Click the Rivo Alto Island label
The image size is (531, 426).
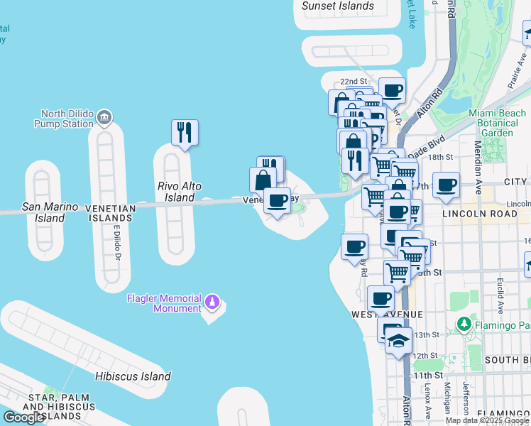tap(175, 191)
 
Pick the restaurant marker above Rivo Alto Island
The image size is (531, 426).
tap(185, 132)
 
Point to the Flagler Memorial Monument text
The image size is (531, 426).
tap(164, 303)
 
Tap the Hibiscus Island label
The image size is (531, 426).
tap(133, 376)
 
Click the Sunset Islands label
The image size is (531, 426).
tap(338, 6)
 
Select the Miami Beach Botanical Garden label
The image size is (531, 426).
tap(497, 123)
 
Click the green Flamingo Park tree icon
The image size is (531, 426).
tap(464, 325)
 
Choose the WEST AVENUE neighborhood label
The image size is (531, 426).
tap(386, 315)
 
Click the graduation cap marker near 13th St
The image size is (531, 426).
tap(399, 342)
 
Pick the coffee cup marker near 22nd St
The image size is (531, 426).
tap(392, 91)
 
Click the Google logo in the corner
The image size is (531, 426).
tap(23, 417)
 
